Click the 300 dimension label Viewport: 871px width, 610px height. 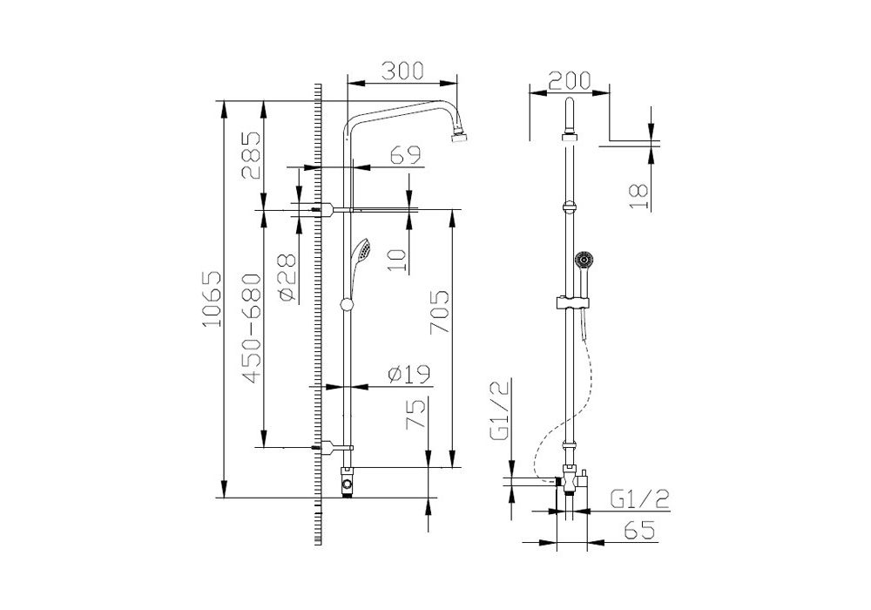402,71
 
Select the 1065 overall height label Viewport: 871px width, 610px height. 212,300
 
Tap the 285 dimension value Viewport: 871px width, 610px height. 251,155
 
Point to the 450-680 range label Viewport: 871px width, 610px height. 251,329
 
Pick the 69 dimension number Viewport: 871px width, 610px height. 405,155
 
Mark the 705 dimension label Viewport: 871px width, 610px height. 440,312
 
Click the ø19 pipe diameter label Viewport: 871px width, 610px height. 409,376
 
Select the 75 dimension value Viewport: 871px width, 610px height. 416,414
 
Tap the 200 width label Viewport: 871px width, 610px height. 570,80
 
